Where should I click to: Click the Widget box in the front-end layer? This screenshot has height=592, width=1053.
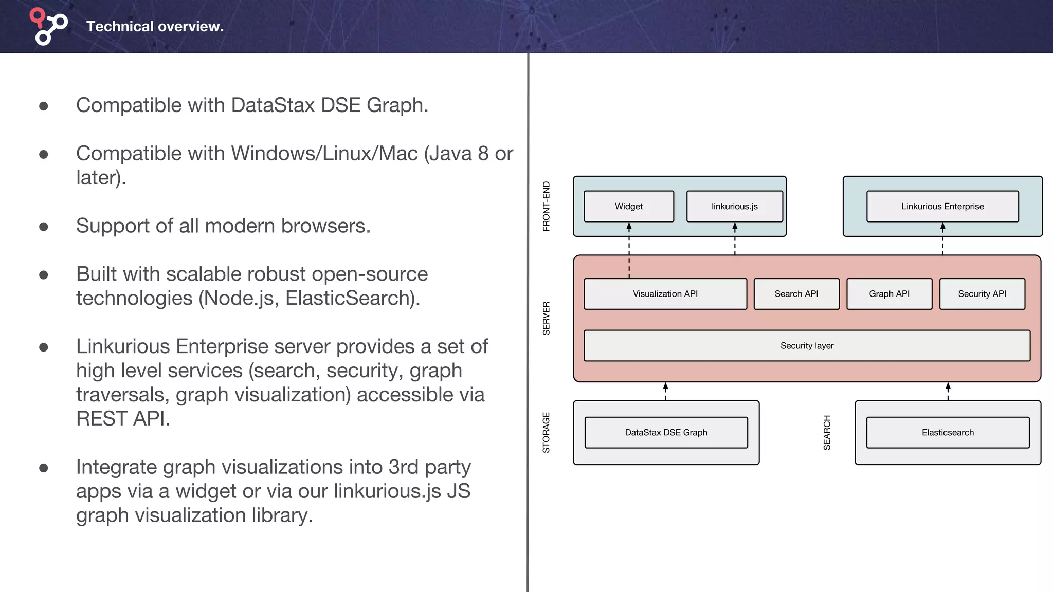click(x=629, y=206)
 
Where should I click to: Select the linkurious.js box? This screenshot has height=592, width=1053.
click(x=734, y=206)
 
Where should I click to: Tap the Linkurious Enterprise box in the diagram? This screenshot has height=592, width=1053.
click(x=942, y=206)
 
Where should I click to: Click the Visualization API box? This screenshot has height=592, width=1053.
click(x=665, y=294)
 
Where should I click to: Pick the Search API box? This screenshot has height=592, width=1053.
click(x=796, y=294)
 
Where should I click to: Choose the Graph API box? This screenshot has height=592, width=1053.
click(x=889, y=294)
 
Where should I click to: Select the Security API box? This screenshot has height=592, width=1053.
click(x=982, y=294)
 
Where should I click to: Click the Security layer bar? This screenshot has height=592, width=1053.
click(x=807, y=346)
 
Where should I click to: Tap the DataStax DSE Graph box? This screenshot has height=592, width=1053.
click(x=666, y=433)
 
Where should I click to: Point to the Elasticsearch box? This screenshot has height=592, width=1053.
click(x=947, y=433)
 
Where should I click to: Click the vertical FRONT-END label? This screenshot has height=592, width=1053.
click(x=547, y=206)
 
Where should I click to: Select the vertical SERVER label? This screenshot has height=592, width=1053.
click(x=547, y=318)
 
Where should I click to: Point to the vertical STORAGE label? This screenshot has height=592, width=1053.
click(x=547, y=432)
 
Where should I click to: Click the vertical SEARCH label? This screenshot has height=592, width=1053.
click(x=827, y=432)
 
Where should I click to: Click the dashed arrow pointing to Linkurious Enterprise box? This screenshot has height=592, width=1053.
click(x=942, y=239)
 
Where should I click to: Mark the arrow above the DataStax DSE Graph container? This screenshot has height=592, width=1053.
click(x=665, y=391)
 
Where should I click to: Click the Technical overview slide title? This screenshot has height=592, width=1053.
click(x=155, y=26)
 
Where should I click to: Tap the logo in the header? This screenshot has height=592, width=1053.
click(x=48, y=26)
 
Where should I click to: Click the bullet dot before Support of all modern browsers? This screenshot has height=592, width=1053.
click(x=44, y=227)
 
